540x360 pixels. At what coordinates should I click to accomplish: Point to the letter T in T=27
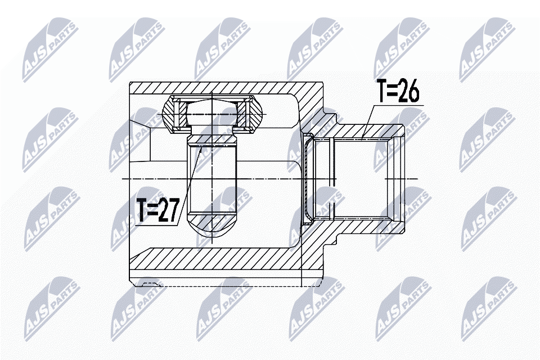(x=142, y=210)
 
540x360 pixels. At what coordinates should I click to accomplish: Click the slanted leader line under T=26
(x=367, y=122)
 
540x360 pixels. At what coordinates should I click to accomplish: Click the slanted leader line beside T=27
(x=189, y=186)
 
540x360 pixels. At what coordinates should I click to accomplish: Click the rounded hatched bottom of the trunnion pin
(x=212, y=226)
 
